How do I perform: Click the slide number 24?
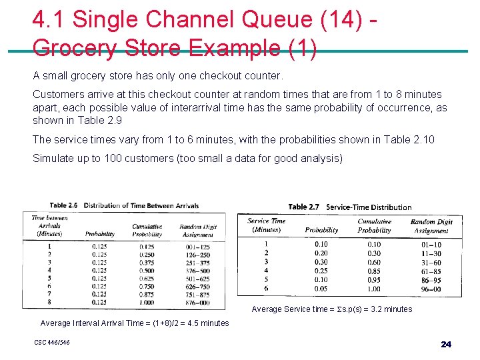446,345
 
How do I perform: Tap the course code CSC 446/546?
52,343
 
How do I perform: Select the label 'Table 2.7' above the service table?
303,207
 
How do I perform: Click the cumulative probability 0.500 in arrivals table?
147,271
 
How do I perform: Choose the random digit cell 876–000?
194,302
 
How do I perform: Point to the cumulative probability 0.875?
147,294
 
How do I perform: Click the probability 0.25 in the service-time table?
321,271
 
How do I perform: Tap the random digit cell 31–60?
431,262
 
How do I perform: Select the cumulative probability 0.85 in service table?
374,271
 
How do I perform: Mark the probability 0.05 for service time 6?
321,289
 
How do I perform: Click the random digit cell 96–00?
431,289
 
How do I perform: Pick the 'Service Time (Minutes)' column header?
266,225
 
